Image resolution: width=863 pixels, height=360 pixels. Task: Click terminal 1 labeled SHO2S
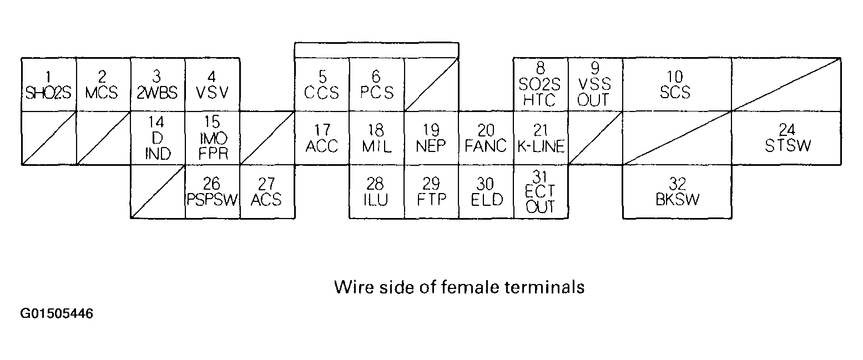[x=48, y=84]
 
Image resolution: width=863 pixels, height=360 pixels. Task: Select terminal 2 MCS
[x=103, y=84]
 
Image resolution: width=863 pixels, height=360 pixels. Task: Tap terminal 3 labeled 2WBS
[x=158, y=84]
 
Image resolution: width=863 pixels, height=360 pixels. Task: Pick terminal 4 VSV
[x=212, y=84]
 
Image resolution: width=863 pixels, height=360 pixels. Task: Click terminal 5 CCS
[x=321, y=84]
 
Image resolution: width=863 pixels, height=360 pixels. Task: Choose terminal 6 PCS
[x=376, y=84]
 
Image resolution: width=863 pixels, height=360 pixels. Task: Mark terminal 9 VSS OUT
[x=595, y=84]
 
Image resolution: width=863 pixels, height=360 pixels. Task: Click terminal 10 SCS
[x=676, y=84]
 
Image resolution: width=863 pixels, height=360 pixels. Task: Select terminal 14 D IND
[x=158, y=138]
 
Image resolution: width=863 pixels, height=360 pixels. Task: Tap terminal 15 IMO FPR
[x=212, y=138]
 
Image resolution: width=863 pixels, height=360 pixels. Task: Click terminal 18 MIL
[x=376, y=138]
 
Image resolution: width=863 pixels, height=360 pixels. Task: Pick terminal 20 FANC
[x=486, y=138]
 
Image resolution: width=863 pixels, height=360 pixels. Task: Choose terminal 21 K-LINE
[x=541, y=138]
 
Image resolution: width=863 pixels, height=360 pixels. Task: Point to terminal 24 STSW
[x=786, y=138]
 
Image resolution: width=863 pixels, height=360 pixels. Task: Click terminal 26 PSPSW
[x=212, y=191]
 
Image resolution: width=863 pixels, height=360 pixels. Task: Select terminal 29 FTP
[x=431, y=191]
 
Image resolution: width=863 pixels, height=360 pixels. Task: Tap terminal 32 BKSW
[x=677, y=191]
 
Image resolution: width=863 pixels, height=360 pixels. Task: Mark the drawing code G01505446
[x=57, y=314]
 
